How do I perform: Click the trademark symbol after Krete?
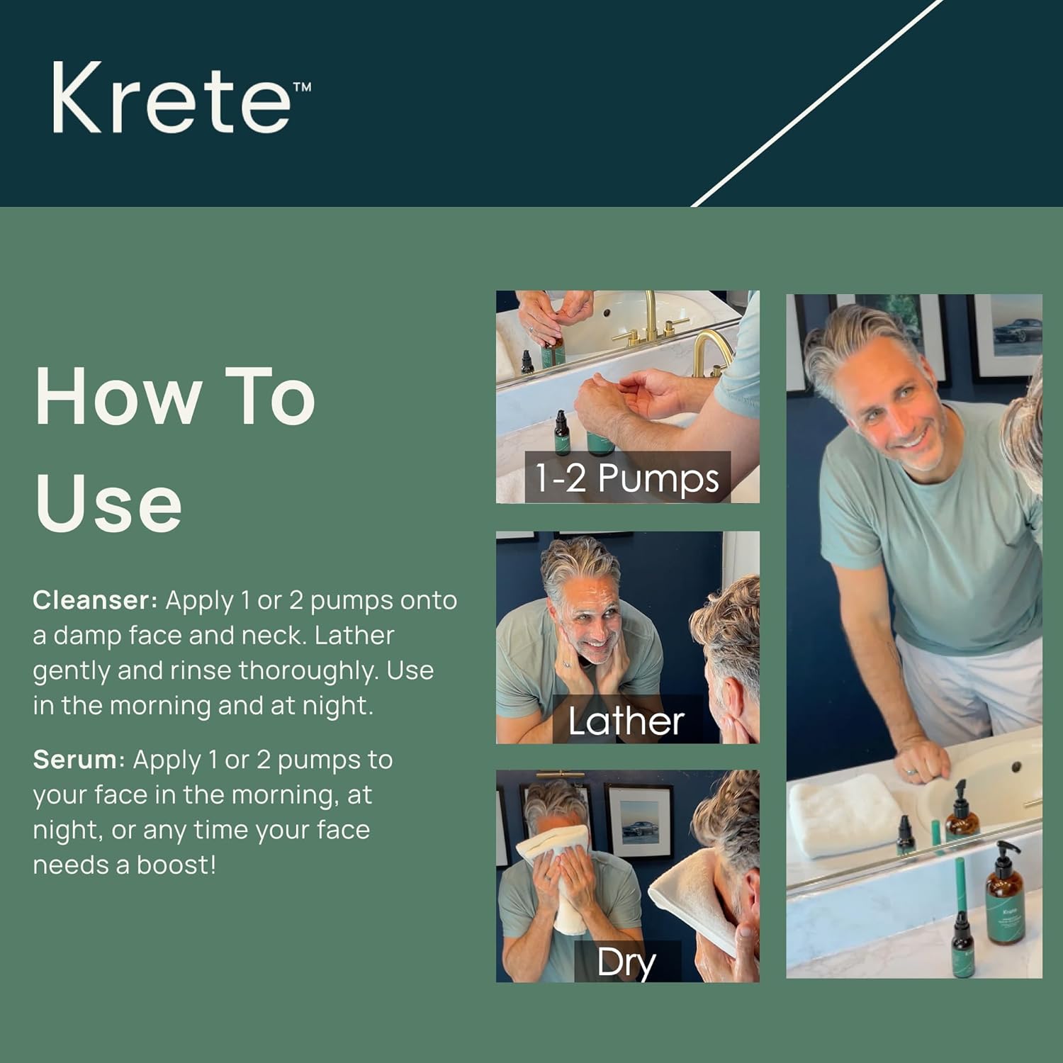click(302, 87)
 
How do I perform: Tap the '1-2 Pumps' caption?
click(626, 478)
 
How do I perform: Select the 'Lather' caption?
click(626, 721)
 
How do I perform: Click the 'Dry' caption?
click(626, 962)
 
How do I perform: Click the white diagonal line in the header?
click(815, 106)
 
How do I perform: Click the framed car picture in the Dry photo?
click(640, 822)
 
